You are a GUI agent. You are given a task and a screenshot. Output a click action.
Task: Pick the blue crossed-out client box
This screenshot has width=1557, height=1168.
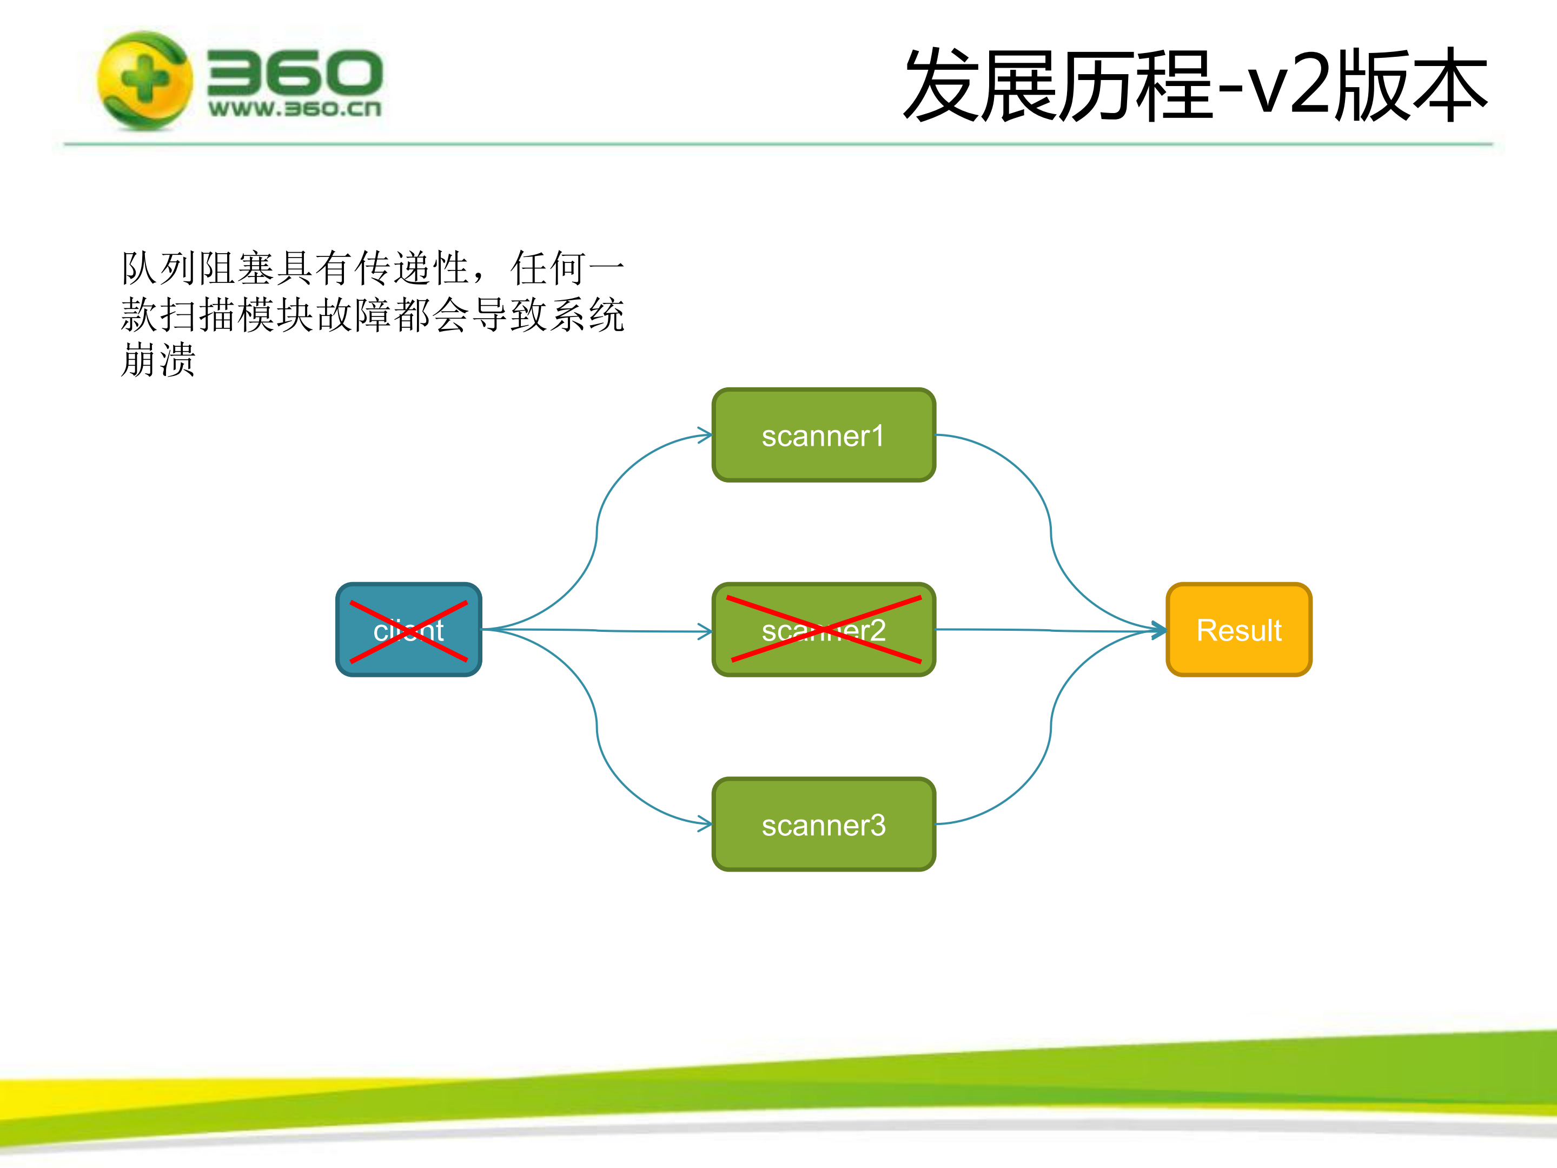click(x=409, y=629)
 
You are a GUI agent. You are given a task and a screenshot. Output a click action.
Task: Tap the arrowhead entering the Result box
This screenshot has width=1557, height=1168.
click(x=1158, y=630)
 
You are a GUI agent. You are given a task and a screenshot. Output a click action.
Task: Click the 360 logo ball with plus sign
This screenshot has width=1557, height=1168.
click(x=145, y=80)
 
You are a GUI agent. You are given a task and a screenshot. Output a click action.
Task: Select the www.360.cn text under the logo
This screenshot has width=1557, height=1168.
click(x=294, y=109)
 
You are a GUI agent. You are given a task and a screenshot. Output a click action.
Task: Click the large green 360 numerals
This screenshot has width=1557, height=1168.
click(x=294, y=72)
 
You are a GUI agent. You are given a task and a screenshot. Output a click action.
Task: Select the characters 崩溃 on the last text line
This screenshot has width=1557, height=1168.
click(x=158, y=360)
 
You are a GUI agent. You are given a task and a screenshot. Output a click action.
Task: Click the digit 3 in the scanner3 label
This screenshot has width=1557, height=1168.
click(x=877, y=825)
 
